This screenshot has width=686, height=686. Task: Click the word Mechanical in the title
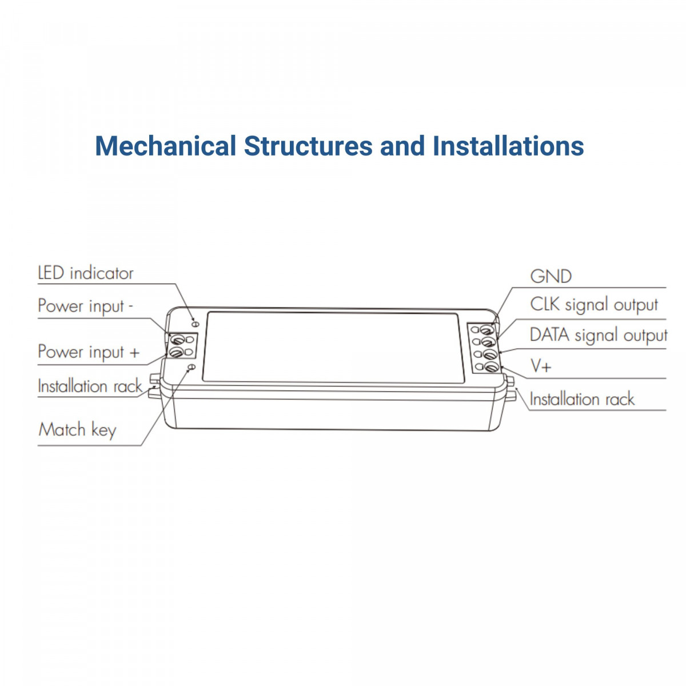coord(166,146)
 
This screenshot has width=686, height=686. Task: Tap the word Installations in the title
coord(508,146)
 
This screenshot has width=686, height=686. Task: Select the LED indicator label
coord(85,273)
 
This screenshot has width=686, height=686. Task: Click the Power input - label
coord(85,306)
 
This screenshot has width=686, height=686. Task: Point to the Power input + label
coord(88,352)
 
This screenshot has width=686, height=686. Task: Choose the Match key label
coord(77,430)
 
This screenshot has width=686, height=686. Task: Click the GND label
coord(551,277)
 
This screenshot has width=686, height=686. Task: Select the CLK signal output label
coord(594,305)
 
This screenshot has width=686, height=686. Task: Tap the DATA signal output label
coord(599,336)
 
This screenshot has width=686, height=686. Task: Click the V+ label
coord(541,366)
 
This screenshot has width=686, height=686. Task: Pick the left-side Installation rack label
coord(90,386)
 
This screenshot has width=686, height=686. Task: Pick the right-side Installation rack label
coord(582,398)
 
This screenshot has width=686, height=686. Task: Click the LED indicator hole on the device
coord(195,324)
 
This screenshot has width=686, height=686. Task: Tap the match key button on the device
coord(192,367)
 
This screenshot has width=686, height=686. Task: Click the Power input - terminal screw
coord(177,339)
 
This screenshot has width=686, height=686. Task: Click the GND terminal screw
coord(487,330)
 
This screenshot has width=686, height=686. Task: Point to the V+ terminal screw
coord(491,366)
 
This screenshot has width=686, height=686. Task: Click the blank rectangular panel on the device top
coord(333,348)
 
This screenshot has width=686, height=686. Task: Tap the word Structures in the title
coord(308,146)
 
